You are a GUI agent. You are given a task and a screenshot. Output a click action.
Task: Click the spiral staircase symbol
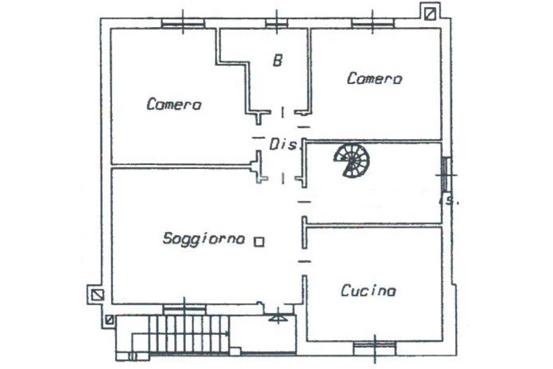coord(352,159)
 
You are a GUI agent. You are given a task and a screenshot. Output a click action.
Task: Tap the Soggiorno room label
coord(204,238)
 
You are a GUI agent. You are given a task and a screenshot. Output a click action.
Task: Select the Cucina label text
coord(368,291)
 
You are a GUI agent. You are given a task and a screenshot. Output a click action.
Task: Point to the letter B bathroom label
coord(277,61)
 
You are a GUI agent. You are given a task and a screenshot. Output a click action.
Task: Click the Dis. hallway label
coord(284,144)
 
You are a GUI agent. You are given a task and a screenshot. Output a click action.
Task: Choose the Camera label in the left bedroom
coord(174,104)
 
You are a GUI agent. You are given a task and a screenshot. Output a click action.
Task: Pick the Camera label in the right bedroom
coord(374,79)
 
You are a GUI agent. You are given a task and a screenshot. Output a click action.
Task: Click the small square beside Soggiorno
coord(259,242)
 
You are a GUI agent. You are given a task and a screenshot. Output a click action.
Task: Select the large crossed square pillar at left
coord(97,294)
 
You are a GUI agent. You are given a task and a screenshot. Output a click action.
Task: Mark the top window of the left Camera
coord(183,23)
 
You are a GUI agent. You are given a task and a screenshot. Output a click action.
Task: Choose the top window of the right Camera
coord(373,23)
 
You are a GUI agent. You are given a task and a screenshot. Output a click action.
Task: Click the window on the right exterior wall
coord(446,174)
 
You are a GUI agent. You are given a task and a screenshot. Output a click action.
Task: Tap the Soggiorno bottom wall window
coord(184,308)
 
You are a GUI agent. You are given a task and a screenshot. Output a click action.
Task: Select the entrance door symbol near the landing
coord(276,318)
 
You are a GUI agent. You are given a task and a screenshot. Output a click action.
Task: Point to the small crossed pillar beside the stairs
coord(110,320)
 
